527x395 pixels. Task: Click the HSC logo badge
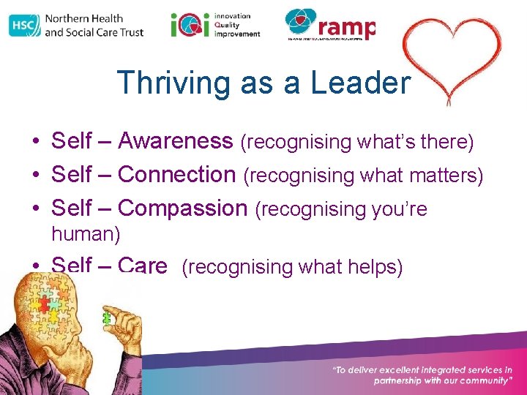[25, 25]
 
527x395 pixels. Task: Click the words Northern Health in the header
[84, 18]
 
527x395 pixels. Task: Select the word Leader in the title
[359, 83]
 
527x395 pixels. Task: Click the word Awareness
[176, 140]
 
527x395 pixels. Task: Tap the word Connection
[176, 175]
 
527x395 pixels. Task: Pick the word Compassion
[183, 208]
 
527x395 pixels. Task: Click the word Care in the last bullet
[143, 265]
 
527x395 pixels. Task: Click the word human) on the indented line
[86, 234]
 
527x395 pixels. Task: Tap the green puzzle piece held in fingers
[108, 318]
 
